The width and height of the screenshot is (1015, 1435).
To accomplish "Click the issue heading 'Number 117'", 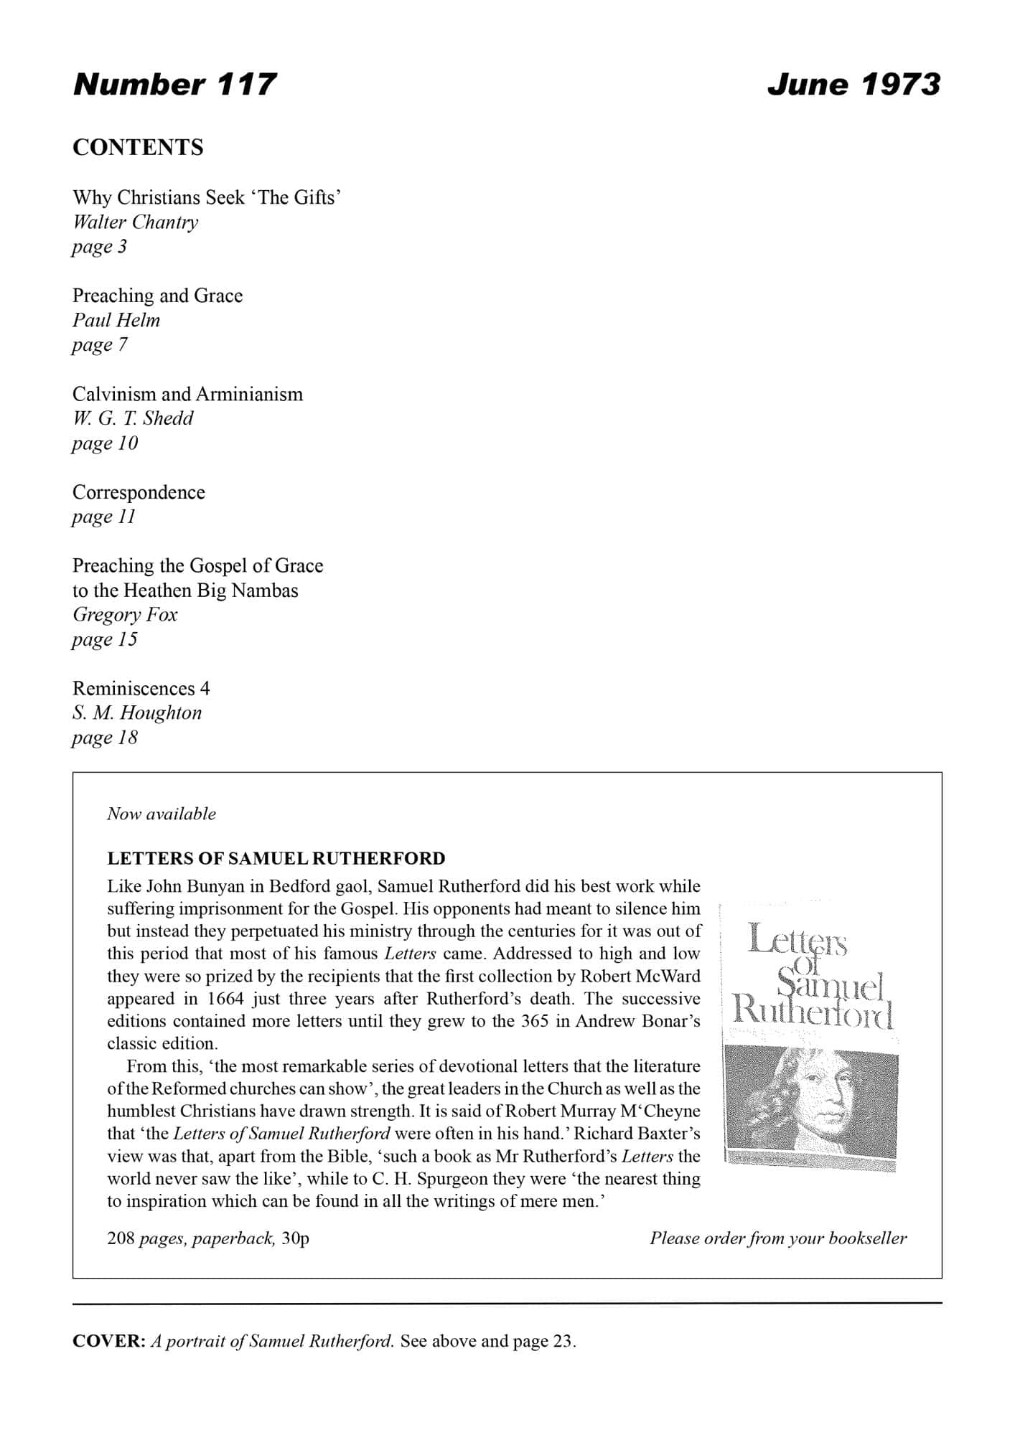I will tap(174, 85).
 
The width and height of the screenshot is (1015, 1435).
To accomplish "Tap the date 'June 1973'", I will tap(853, 85).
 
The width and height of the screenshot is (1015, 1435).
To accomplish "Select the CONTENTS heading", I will tap(138, 148).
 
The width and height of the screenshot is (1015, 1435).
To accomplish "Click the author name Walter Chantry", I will tap(136, 222).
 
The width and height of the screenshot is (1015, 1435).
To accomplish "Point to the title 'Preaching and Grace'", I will tap(157, 296).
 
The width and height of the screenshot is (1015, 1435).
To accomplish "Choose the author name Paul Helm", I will tap(116, 320).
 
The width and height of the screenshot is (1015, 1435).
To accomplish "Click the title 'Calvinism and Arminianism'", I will tap(187, 394).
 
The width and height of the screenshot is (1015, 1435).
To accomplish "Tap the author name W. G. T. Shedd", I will tap(133, 418).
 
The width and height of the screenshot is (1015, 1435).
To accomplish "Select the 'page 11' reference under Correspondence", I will tap(103, 517).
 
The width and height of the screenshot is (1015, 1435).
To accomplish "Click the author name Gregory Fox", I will tap(125, 615).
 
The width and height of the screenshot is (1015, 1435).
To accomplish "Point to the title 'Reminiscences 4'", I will tap(141, 689).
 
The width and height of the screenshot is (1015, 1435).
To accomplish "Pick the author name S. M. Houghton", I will tap(137, 713).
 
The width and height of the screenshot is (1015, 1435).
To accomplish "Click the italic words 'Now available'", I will tap(162, 814).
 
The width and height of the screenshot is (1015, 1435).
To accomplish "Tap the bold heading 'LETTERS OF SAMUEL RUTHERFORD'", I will tap(276, 858).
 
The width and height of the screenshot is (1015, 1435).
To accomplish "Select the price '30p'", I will tap(295, 1238).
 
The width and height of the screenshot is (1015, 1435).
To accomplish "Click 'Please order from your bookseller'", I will tap(778, 1238).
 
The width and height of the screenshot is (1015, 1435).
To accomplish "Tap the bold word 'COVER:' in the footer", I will tap(109, 1341).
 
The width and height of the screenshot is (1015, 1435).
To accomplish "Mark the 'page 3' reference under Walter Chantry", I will tap(99, 247).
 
